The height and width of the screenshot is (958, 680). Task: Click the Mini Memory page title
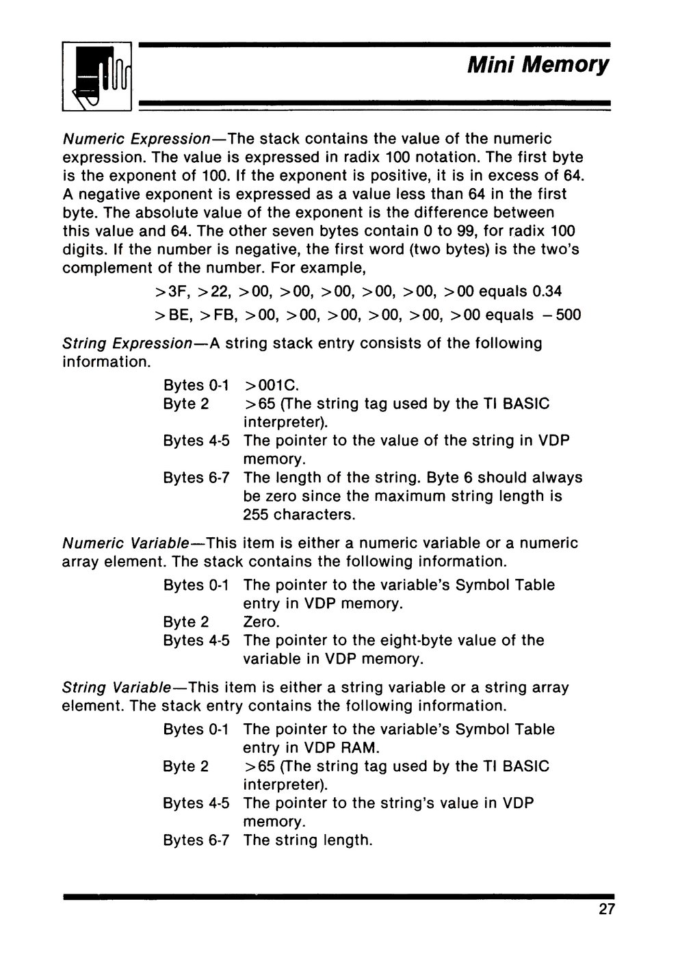pyautogui.click(x=538, y=65)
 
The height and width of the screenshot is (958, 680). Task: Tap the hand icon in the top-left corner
pyautogui.click(x=97, y=77)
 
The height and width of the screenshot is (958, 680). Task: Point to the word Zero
pyautogui.click(x=261, y=622)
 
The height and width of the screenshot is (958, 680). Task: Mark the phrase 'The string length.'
pyautogui.click(x=307, y=840)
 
